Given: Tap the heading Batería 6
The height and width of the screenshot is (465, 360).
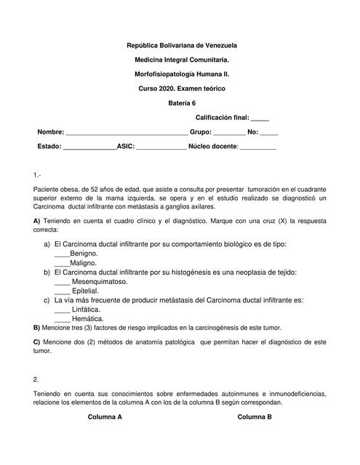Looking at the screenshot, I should pyautogui.click(x=182, y=102).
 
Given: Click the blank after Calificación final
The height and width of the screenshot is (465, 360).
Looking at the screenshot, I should pyautogui.click(x=260, y=118).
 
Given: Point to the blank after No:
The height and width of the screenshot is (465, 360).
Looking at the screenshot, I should pyautogui.click(x=269, y=134).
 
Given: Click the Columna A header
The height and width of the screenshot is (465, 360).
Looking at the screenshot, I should pyautogui.click(x=105, y=418).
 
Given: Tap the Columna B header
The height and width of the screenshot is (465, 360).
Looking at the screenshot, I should pyautogui.click(x=255, y=418).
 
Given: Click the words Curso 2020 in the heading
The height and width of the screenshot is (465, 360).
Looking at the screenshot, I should pyautogui.click(x=157, y=88).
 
